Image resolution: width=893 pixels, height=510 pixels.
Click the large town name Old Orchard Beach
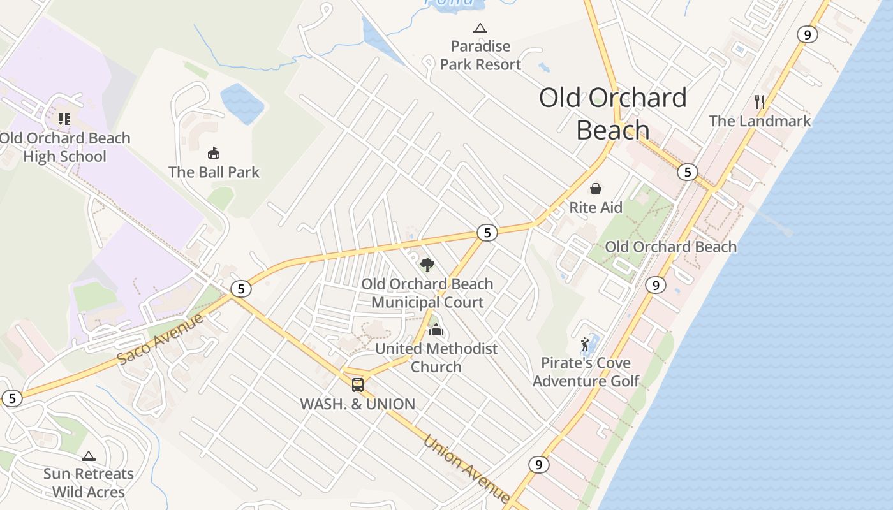(x=612, y=113)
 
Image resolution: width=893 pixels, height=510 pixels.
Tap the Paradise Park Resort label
(x=480, y=55)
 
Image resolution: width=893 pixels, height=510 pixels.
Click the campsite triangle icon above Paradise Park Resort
(x=480, y=28)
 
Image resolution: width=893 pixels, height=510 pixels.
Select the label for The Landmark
(x=760, y=121)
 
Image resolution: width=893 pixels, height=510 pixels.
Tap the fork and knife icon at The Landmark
(x=759, y=102)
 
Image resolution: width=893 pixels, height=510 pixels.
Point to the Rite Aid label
(x=596, y=208)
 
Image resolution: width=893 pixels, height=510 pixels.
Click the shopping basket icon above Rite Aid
(x=596, y=189)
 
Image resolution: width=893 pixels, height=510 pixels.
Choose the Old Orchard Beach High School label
(x=64, y=147)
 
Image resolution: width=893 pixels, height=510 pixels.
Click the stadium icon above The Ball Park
(x=214, y=154)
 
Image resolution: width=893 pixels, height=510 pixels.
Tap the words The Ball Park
(x=214, y=172)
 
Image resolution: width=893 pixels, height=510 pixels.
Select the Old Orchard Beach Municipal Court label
(x=427, y=293)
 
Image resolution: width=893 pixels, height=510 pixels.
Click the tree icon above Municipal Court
(x=427, y=265)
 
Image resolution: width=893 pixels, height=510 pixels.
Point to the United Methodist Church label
(x=436, y=358)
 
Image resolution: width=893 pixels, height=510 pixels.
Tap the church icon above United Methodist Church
(x=436, y=330)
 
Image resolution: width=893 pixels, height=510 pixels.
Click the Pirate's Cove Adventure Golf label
(x=586, y=372)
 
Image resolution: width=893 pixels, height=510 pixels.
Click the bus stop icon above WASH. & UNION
(x=358, y=384)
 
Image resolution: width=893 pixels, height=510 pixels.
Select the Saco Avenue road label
(x=161, y=339)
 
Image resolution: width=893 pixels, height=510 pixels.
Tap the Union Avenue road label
(x=466, y=469)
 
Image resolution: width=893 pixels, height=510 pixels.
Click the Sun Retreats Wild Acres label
(x=89, y=483)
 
